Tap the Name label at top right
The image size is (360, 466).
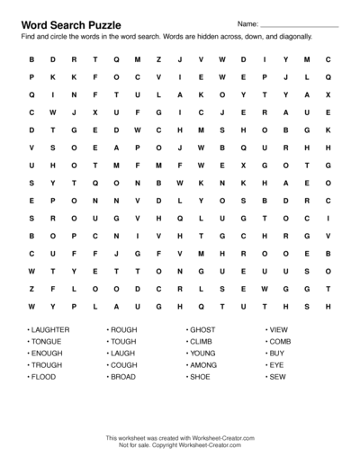pyautogui.click(x=248, y=22)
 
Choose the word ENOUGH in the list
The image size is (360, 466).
pyautogui.click(x=47, y=354)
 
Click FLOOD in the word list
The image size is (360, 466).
pyautogui.click(x=43, y=379)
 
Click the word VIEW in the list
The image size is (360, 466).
pyautogui.click(x=279, y=330)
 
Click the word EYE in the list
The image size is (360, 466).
pyautogui.click(x=277, y=366)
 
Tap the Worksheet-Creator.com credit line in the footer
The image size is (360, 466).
pyautogui.click(x=180, y=437)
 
